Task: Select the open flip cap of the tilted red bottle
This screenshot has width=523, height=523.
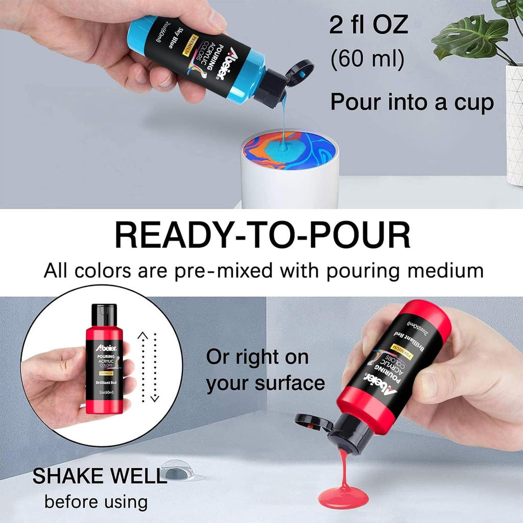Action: [x=314, y=422]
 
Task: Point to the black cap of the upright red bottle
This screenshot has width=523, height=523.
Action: [x=104, y=315]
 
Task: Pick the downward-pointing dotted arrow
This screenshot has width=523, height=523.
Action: [x=155, y=367]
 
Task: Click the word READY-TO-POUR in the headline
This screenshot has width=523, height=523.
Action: [x=263, y=235]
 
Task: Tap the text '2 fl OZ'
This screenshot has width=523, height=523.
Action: [x=369, y=25]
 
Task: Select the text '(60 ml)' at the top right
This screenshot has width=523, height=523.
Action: [x=367, y=59]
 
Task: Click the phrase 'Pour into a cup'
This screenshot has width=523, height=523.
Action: [x=412, y=102]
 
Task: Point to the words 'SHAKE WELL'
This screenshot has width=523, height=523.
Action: [x=100, y=476]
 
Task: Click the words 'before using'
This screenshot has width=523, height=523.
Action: [x=96, y=502]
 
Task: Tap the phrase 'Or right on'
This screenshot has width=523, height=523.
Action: [x=257, y=357]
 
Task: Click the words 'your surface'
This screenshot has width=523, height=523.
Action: [x=266, y=384]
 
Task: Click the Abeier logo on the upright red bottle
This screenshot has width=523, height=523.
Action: [x=106, y=348]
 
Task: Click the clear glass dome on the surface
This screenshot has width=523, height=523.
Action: [x=177, y=470]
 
